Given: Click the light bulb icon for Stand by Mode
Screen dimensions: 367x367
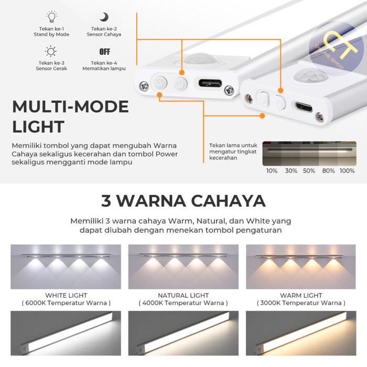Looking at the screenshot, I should [x=51, y=17].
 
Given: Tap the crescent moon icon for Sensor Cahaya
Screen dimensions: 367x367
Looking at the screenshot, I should [x=104, y=17].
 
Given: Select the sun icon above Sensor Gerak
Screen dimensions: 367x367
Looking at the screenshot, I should [x=51, y=51].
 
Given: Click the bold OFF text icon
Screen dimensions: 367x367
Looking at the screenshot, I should [x=104, y=52].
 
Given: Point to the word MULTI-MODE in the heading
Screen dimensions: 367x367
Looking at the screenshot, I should [x=70, y=107].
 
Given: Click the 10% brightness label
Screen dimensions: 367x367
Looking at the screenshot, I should [x=272, y=171].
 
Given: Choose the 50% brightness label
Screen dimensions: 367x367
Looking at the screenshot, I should [x=309, y=171].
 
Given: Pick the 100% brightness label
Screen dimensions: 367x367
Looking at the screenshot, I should [x=347, y=171].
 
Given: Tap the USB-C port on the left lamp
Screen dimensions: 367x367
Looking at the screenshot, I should [x=209, y=83].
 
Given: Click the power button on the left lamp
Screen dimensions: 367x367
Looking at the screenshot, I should [x=180, y=84].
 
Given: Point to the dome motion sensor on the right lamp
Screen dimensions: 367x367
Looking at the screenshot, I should [x=309, y=73].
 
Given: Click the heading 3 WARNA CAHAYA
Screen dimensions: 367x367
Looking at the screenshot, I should [x=183, y=201].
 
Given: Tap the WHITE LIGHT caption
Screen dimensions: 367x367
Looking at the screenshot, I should [x=66, y=296].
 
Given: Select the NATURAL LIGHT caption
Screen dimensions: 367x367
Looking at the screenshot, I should [x=183, y=296].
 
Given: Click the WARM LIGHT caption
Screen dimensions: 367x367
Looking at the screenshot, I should [x=301, y=296].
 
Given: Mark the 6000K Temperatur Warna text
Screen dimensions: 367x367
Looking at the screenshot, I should [x=66, y=303].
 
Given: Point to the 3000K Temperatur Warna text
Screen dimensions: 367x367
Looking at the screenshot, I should [x=301, y=303].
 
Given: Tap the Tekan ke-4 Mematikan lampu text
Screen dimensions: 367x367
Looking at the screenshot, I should [x=104, y=66].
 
